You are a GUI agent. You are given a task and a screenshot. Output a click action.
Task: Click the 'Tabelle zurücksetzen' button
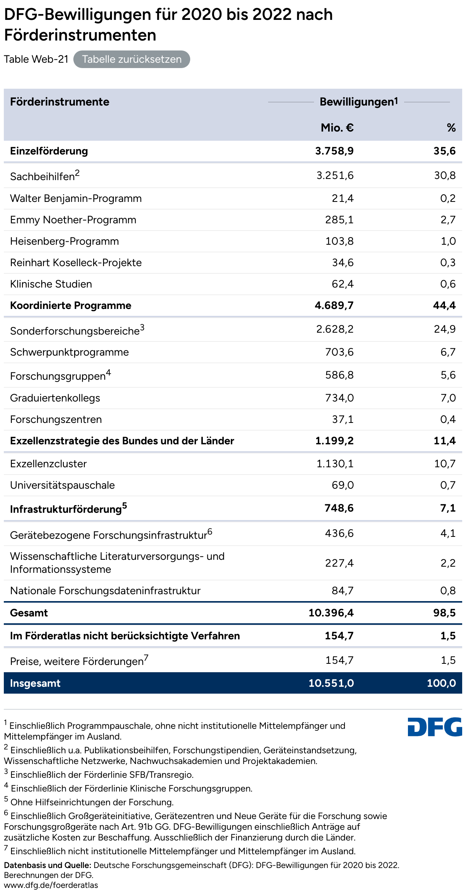pyautogui.click(x=131, y=59)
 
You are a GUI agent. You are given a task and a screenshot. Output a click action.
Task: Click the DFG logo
pyautogui.click(x=435, y=727)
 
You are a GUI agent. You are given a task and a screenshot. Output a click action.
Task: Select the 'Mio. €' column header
pyautogui.click(x=337, y=128)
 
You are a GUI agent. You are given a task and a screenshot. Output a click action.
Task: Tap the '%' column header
pyautogui.click(x=451, y=128)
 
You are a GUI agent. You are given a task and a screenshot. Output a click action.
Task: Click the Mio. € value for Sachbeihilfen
pyautogui.click(x=335, y=176)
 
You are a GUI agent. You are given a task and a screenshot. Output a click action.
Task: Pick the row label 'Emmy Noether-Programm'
pyautogui.click(x=73, y=220)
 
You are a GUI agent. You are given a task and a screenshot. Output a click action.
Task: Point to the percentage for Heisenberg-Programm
pyautogui.click(x=448, y=241)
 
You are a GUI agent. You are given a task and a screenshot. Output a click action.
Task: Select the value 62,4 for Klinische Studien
pyautogui.click(x=343, y=284)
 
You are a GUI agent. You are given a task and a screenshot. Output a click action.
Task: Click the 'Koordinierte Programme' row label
pyautogui.click(x=71, y=306)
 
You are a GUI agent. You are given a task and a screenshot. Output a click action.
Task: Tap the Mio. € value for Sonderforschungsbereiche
pyautogui.click(x=335, y=329)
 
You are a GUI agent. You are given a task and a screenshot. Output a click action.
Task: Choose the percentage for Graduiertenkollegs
pyautogui.click(x=448, y=398)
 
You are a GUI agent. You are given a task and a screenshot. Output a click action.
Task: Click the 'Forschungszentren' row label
pyautogui.click(x=56, y=419)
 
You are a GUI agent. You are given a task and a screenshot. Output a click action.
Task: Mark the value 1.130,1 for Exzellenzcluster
pyautogui.click(x=335, y=464)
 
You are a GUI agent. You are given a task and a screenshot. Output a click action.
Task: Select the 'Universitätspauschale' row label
pyautogui.click(x=62, y=485)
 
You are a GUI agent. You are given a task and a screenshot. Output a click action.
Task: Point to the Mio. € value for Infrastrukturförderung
pyautogui.click(x=339, y=508)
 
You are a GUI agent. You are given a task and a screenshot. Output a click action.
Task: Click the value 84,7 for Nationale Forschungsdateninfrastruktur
pyautogui.click(x=343, y=591)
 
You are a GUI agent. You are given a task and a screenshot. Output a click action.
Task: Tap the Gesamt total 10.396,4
pyautogui.click(x=331, y=613)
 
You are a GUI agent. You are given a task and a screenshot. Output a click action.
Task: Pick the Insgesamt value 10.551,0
pyautogui.click(x=331, y=683)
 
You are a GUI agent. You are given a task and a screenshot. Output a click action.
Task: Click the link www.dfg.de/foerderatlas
pyautogui.click(x=51, y=885)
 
